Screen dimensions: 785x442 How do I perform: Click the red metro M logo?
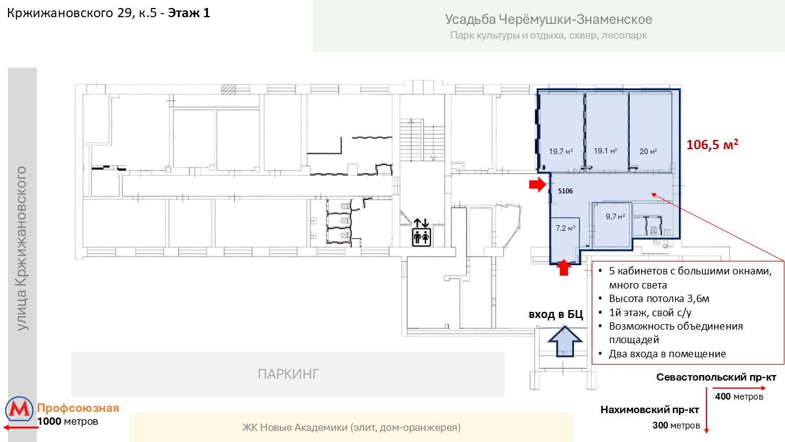point(20,409)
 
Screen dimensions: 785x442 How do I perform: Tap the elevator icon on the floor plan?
point(421,231)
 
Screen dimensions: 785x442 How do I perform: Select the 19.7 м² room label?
point(561,152)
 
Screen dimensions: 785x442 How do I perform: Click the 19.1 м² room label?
point(605,150)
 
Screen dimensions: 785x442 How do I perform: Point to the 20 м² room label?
point(648,152)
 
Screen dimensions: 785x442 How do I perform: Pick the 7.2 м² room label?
point(565,228)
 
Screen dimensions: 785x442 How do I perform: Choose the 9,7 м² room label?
point(615,216)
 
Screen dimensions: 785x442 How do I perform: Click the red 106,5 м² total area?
point(711,145)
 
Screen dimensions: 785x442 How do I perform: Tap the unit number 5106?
point(565,192)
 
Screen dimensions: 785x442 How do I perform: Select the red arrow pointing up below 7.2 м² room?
point(565,268)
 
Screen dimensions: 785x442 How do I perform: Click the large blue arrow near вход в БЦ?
point(564,341)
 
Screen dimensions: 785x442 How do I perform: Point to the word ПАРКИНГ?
point(288,374)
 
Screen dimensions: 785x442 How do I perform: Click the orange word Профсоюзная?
point(78,408)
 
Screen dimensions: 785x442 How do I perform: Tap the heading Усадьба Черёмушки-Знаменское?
point(548,20)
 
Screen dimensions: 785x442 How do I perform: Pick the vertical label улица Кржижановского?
point(23,247)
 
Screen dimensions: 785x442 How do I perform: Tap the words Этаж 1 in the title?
point(189,13)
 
